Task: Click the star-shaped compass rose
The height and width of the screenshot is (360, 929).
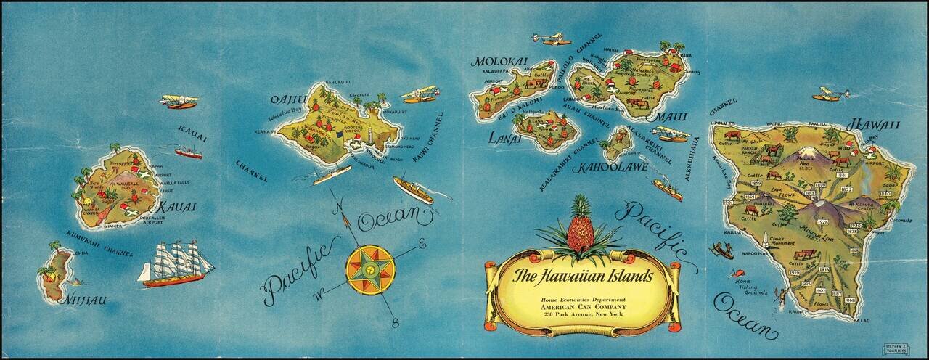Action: pos(370,269)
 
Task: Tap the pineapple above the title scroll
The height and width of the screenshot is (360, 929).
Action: pos(580,225)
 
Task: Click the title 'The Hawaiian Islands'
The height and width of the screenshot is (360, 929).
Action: pos(583,276)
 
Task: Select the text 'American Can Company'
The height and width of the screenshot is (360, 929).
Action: pos(583,306)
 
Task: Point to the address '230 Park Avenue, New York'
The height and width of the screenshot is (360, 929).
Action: pos(583,314)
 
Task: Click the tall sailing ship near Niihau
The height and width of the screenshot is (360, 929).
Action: pos(176,263)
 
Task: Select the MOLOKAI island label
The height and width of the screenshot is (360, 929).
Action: pos(500,61)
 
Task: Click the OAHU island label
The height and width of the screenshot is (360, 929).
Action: pos(285,99)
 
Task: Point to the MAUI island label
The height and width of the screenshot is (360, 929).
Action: pos(671,116)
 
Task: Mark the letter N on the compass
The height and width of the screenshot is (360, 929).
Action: pos(336,207)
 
